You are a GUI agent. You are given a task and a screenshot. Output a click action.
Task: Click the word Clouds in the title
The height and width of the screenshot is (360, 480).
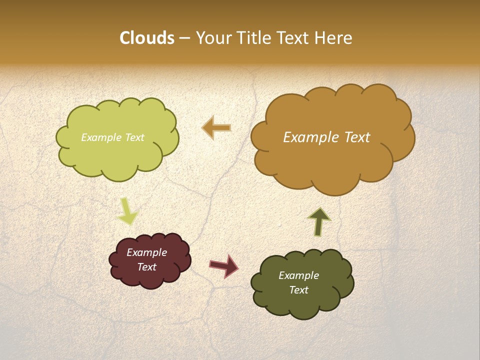point(146,38)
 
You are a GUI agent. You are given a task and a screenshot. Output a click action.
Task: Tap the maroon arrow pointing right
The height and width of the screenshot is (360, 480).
point(224,266)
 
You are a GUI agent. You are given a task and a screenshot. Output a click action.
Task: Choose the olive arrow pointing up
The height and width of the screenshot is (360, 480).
point(319,221)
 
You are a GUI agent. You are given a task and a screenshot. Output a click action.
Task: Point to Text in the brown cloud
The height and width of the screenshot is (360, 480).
point(354,137)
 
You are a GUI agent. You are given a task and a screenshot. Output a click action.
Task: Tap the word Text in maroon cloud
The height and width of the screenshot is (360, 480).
point(147,267)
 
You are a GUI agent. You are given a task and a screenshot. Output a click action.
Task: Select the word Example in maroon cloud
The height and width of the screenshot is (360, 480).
point(147,252)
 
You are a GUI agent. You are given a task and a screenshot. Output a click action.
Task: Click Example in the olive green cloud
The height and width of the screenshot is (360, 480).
point(298,275)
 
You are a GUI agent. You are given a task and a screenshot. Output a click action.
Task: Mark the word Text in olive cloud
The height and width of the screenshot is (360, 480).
point(298,290)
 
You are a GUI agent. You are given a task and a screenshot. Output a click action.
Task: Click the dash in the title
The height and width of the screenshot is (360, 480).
point(184,38)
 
